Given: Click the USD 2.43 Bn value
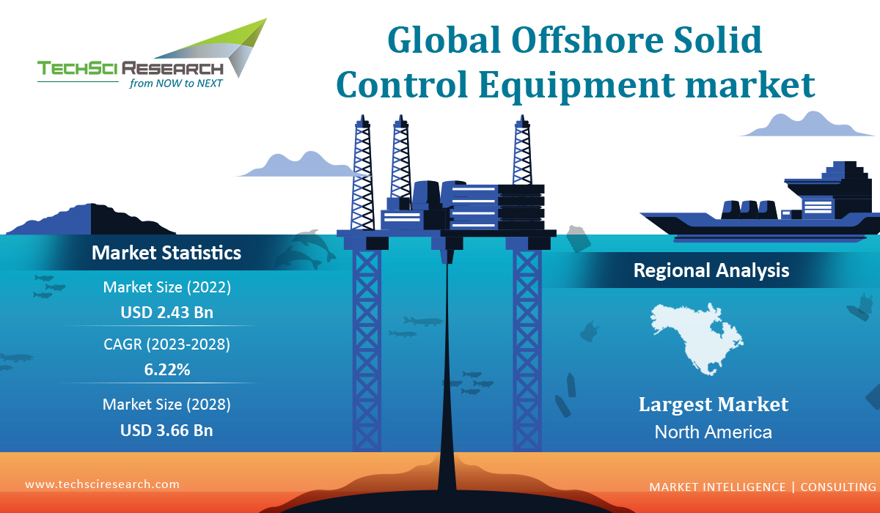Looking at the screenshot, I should point(166,313).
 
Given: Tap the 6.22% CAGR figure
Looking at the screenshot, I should point(166,370).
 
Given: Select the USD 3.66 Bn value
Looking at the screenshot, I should point(166,430).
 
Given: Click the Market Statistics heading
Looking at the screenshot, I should point(166,254).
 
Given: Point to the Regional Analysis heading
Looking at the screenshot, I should point(711,270).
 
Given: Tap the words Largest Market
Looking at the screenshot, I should point(713,405).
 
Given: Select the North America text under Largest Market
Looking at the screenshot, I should point(713,432).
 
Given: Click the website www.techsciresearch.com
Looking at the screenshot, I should point(102,484).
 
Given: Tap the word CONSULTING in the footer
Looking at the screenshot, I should point(837,487).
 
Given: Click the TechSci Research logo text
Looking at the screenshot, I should point(131,69).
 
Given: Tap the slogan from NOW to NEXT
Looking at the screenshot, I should point(175,84).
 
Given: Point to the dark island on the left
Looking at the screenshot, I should point(92,219).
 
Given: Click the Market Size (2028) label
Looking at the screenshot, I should point(166,404).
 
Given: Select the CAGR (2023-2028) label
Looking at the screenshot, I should point(166,344).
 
